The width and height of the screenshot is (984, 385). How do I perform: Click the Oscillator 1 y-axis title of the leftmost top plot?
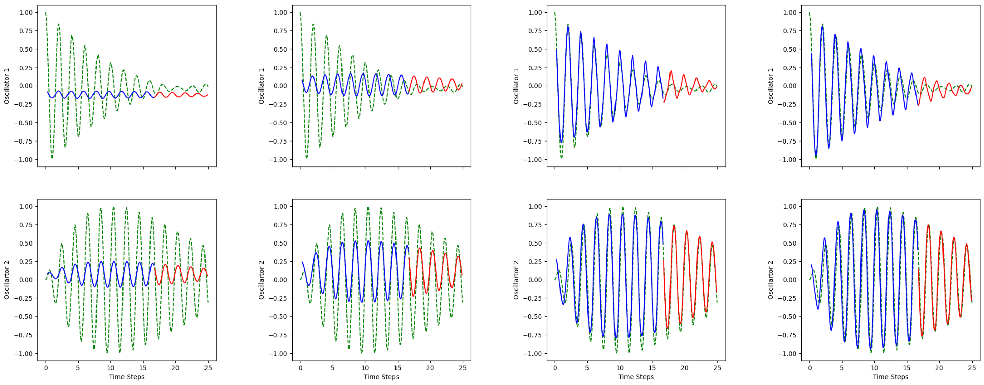tap(6, 86)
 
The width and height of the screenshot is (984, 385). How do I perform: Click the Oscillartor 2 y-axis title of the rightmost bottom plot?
tap(770, 280)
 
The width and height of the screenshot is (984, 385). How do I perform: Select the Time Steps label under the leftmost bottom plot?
tap(127, 377)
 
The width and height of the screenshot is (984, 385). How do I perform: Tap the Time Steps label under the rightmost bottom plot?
tap(891, 377)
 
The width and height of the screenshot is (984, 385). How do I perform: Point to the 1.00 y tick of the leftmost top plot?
tap(26, 12)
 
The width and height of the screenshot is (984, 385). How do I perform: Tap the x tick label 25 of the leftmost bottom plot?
tap(208, 368)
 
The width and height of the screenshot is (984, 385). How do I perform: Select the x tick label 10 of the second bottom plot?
tap(365, 368)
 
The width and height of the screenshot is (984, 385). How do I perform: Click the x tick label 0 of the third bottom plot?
tap(555, 368)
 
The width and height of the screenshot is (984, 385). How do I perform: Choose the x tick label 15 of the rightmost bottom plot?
tap(907, 368)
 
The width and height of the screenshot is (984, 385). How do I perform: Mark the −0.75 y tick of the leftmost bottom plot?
tap(23, 335)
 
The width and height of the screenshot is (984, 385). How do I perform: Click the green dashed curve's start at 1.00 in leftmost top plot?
tap(46, 13)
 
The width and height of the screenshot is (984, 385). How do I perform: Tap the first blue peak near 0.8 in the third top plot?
tap(568, 27)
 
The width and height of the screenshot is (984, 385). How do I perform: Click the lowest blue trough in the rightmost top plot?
tap(816, 155)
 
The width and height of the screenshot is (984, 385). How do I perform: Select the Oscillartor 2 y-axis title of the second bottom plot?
tap(261, 280)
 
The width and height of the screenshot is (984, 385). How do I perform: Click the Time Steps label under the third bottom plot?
tap(636, 377)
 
